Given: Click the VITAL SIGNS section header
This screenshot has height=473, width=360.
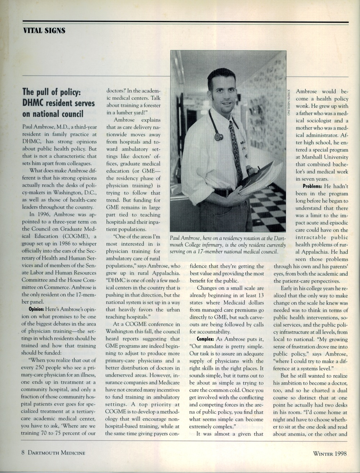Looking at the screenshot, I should pos(44,31).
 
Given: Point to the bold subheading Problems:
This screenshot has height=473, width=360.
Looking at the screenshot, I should pos(312,186).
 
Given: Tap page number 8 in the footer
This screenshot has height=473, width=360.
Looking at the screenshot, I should pos(23,453).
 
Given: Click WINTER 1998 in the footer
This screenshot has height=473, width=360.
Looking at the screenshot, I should pos(330,453).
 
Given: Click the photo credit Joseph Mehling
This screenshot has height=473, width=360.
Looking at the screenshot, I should pos(289,102).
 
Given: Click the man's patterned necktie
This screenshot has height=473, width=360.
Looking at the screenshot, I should pos(236,151).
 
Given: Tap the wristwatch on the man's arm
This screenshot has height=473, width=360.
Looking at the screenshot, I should pos(249,169).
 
